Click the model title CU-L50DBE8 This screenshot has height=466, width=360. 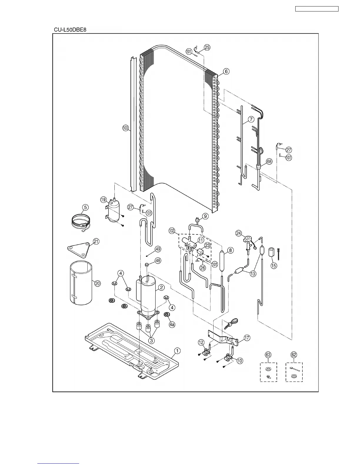(x=70, y=30)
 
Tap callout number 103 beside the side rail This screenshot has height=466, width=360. (x=126, y=128)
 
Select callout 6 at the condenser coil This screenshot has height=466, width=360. (x=226, y=71)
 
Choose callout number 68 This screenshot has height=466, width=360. (x=269, y=161)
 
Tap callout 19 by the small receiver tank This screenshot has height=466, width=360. (x=103, y=200)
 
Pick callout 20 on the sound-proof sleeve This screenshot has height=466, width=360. (x=97, y=283)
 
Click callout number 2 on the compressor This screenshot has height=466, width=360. (x=161, y=287)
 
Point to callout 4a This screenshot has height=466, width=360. (x=172, y=324)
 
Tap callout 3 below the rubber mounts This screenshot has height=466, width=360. (x=151, y=340)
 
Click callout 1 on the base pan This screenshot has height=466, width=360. (x=177, y=351)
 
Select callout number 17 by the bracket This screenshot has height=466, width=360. (x=247, y=338)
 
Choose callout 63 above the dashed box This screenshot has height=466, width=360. (x=268, y=355)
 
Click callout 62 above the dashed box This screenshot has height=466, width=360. (x=294, y=355)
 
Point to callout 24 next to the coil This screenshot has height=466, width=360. (x=239, y=233)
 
